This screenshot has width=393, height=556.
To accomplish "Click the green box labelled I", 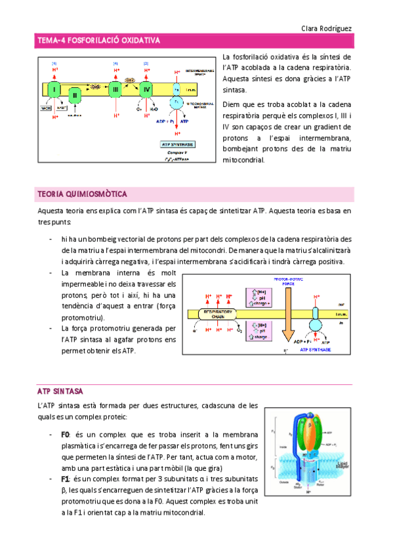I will (x=54, y=89).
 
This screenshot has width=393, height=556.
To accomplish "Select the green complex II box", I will (x=75, y=96).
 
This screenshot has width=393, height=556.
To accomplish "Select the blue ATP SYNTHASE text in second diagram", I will (x=316, y=350).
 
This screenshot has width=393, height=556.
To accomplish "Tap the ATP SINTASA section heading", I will (x=60, y=391).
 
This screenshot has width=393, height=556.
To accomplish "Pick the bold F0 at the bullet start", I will (x=65, y=435).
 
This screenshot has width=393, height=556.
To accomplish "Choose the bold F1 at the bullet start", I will (x=65, y=479).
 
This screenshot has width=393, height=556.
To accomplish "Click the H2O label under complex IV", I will (x=153, y=110).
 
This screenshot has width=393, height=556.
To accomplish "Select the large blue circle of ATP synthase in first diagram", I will (x=176, y=102).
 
